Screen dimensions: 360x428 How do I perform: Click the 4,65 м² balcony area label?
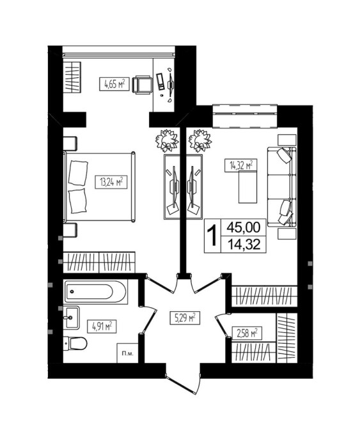(114, 84)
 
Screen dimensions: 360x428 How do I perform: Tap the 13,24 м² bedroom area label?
(111, 182)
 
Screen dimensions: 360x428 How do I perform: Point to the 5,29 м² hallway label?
(185, 318)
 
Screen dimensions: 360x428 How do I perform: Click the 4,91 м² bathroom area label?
(102, 326)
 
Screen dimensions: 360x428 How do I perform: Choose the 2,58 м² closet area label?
(246, 333)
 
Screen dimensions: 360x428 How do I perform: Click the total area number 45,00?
(244, 227)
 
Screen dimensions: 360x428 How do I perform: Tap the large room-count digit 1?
(212, 236)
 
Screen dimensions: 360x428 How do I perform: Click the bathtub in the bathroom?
(95, 291)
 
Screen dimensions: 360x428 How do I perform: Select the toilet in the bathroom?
(75, 343)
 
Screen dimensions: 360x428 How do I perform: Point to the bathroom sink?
(71, 317)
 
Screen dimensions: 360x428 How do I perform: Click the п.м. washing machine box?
(127, 353)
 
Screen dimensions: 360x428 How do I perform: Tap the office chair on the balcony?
(142, 85)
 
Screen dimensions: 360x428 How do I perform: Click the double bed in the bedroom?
(99, 187)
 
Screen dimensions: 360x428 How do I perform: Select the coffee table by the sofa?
(247, 187)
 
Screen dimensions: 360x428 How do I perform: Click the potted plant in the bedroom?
(167, 141)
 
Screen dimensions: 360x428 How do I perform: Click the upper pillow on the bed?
(78, 172)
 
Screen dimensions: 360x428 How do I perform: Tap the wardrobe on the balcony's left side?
(72, 77)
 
